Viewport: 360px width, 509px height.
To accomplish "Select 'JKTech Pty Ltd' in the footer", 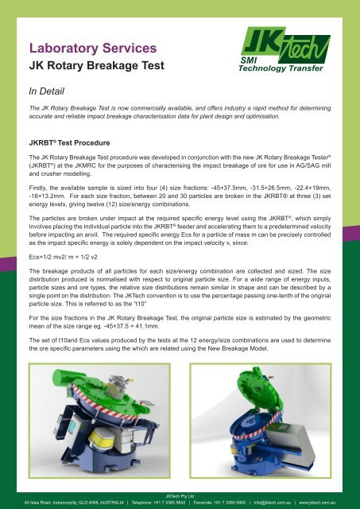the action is point(180,495).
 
